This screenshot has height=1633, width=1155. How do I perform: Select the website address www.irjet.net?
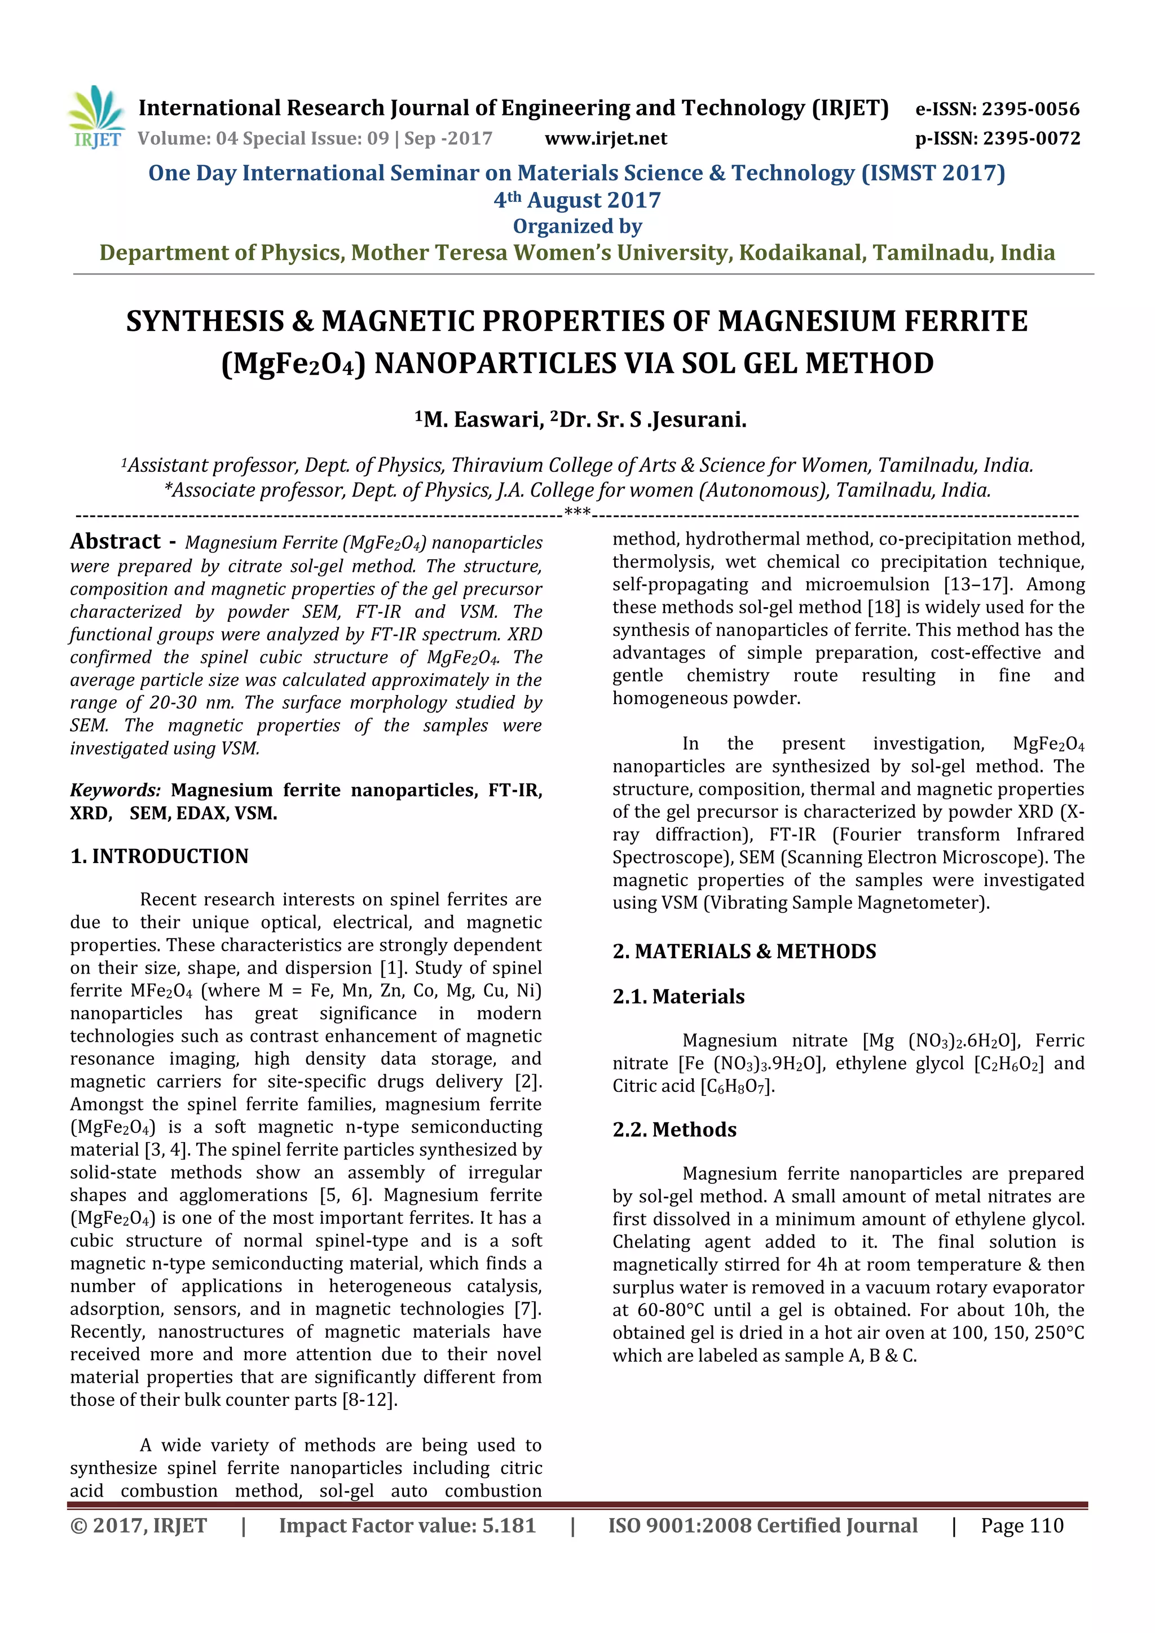click(606, 139)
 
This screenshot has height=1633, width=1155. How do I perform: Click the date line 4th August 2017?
click(577, 201)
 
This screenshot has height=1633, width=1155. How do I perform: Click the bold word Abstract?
click(115, 542)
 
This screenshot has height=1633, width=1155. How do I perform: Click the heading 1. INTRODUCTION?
click(160, 856)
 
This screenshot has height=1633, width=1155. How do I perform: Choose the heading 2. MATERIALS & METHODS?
click(744, 952)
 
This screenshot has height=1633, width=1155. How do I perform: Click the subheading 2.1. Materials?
click(678, 997)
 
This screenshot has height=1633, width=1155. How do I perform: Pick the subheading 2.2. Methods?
click(674, 1130)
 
